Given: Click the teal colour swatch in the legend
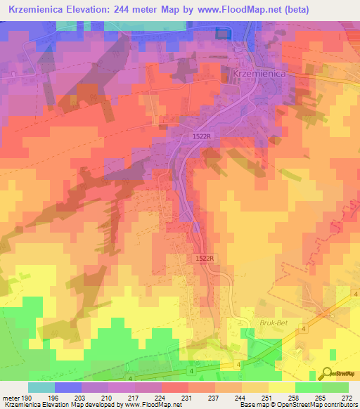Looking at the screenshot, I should click(x=41, y=387).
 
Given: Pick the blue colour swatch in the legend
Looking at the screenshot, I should click(x=68, y=387).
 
